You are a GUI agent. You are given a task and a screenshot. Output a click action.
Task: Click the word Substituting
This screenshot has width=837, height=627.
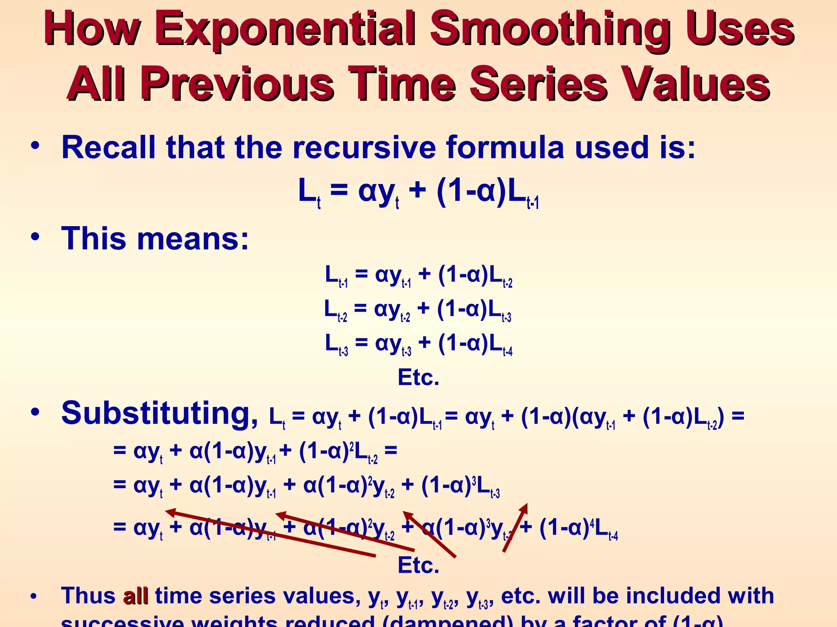tap(159, 413)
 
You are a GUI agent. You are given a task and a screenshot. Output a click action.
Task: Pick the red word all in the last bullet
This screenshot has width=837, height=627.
tap(136, 596)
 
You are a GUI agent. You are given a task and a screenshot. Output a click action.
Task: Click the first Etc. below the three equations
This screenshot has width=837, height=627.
tap(418, 378)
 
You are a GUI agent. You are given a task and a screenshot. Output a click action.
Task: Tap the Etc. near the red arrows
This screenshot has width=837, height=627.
tap(418, 566)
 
